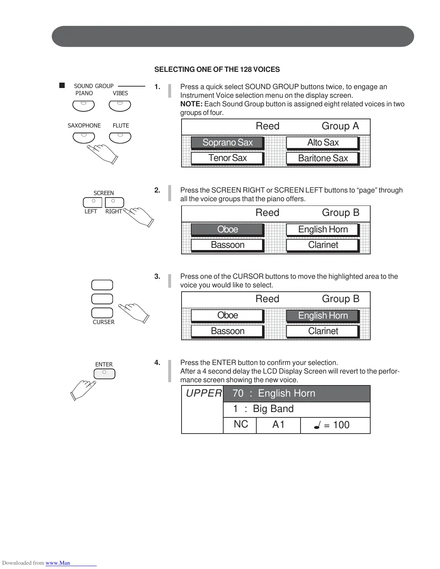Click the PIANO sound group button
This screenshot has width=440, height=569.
[x=83, y=106]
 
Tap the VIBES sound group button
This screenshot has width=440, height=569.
[x=120, y=106]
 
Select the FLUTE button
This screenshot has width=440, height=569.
[x=120, y=138]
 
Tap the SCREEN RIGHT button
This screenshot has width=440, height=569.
[x=114, y=203]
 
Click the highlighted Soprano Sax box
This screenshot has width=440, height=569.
[x=227, y=143]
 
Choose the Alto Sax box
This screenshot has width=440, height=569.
[x=322, y=143]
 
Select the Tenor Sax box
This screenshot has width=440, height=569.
[x=227, y=158]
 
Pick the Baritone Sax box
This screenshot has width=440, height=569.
[x=322, y=158]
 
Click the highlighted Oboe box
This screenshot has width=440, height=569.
[x=227, y=229]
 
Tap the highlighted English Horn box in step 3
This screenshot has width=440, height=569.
[x=322, y=315]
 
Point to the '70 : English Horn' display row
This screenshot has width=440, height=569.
[x=296, y=394]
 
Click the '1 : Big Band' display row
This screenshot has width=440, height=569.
[x=296, y=409]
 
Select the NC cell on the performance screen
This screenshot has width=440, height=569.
[x=240, y=425]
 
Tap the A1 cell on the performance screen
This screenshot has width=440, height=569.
[x=278, y=425]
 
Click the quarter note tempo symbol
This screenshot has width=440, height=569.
[x=317, y=426]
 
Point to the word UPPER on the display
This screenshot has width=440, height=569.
[x=203, y=393]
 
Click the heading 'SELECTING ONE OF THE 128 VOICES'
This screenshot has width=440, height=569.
[x=217, y=70]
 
